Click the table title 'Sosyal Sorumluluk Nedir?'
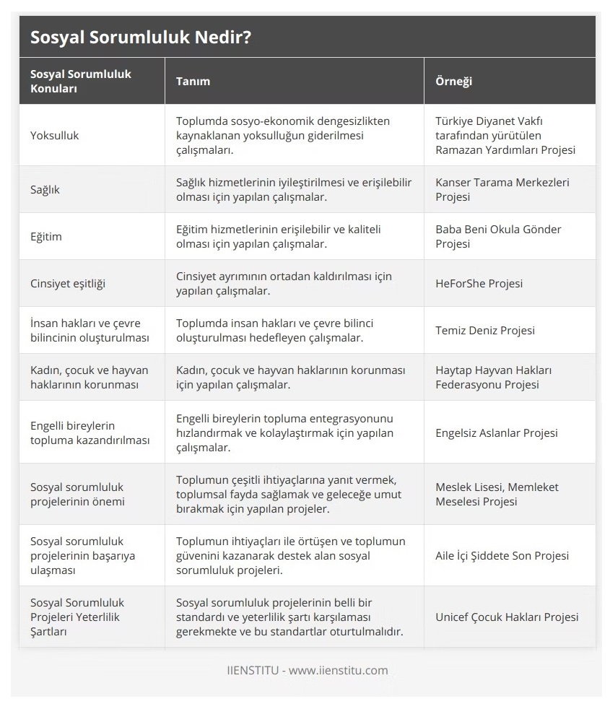(141, 37)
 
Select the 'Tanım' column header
(193, 81)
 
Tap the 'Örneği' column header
(453, 81)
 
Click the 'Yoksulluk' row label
(55, 135)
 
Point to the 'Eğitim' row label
(46, 236)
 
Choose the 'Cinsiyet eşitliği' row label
(68, 283)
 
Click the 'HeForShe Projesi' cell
(479, 283)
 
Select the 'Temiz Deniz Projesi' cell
(485, 330)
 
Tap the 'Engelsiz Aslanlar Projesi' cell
(497, 433)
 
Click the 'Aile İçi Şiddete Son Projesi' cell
(502, 555)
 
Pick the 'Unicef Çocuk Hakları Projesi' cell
(507, 617)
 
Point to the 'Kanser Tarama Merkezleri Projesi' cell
(502, 189)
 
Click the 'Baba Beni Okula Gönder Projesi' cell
(498, 236)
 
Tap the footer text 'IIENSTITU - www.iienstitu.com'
(305, 670)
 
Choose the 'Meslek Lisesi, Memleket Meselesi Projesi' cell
(497, 494)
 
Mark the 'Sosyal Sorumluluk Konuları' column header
(81, 81)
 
